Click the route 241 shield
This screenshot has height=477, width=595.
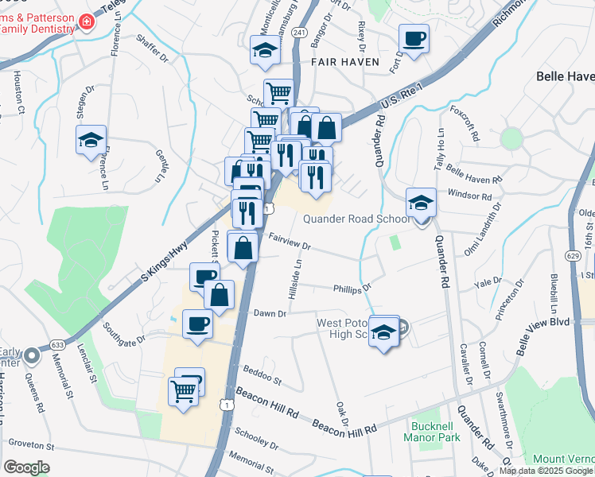pos(299,32)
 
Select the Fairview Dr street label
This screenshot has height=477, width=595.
pos(288,240)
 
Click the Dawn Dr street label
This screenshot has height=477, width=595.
pos(270,313)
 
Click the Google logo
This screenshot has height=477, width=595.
pos(26,467)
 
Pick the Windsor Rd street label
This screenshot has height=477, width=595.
pos(470,195)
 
